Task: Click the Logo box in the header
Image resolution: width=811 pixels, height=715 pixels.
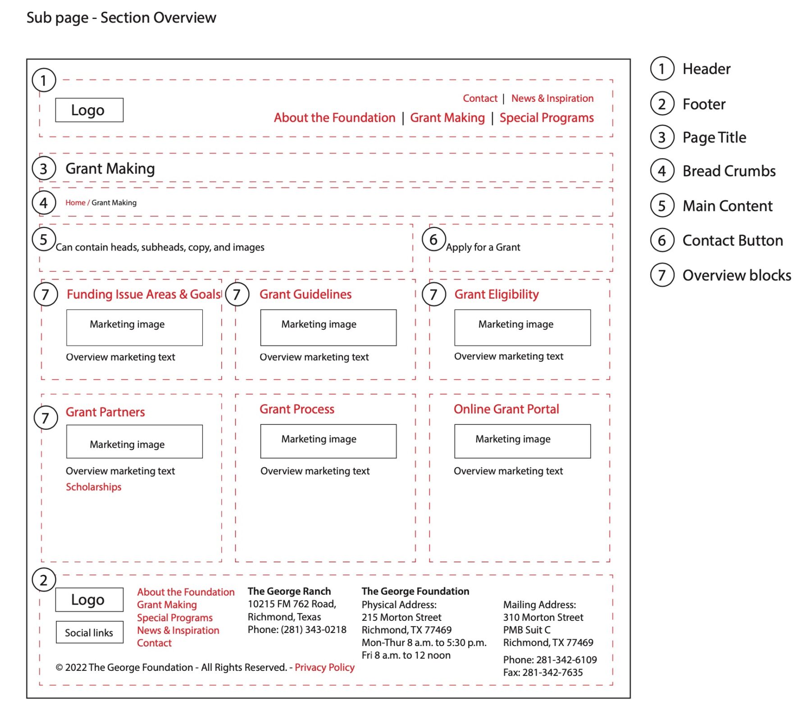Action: pyautogui.click(x=89, y=110)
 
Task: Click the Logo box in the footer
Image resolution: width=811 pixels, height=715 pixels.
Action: pyautogui.click(x=89, y=600)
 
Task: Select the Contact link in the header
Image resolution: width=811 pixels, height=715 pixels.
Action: pyautogui.click(x=480, y=98)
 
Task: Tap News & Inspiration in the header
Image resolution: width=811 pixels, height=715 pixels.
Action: pyautogui.click(x=552, y=98)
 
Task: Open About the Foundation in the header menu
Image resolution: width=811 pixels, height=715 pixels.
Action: pyautogui.click(x=335, y=118)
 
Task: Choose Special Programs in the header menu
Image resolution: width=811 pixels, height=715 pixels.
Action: pyautogui.click(x=547, y=118)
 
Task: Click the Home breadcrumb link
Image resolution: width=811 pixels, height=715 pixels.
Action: pyautogui.click(x=75, y=203)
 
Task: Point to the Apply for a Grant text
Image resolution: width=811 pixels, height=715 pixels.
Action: pyautogui.click(x=483, y=247)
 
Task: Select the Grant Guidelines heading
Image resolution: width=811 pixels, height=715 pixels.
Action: pyautogui.click(x=305, y=294)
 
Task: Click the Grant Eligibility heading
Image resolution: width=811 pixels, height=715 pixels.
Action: pyautogui.click(x=497, y=294)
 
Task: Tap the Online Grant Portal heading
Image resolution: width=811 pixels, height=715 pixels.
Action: pyautogui.click(x=506, y=409)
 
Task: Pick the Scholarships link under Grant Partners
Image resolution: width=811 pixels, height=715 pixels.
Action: pyautogui.click(x=94, y=487)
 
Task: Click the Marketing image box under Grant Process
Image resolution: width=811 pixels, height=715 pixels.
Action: pyautogui.click(x=328, y=441)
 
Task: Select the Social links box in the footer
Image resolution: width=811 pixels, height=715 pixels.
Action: pyautogui.click(x=89, y=633)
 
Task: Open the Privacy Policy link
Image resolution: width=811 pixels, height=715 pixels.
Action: pyautogui.click(x=324, y=667)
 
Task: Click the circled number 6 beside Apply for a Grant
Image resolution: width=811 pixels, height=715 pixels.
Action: pyautogui.click(x=433, y=240)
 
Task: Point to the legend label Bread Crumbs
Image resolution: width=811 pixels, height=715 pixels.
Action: pyautogui.click(x=729, y=171)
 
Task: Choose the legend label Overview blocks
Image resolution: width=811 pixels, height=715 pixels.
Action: pyautogui.click(x=737, y=275)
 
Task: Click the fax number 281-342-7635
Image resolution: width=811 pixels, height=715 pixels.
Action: pyautogui.click(x=552, y=673)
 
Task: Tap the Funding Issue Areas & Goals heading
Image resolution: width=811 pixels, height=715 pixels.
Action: pyautogui.click(x=144, y=294)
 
